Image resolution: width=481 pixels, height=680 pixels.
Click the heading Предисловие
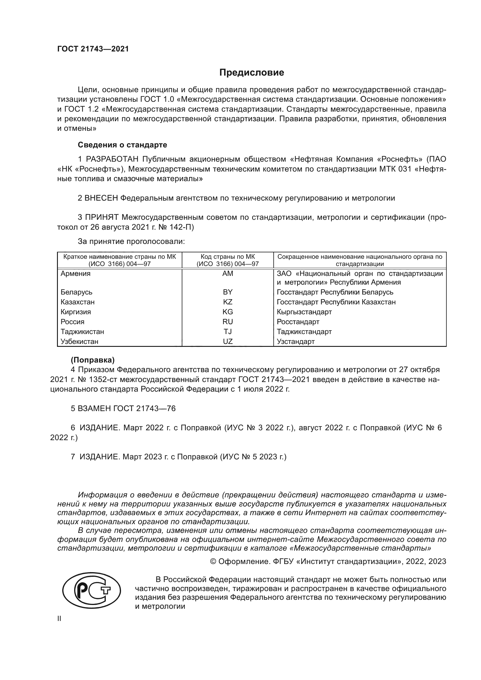(252, 73)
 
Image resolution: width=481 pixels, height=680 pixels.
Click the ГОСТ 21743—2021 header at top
(93, 49)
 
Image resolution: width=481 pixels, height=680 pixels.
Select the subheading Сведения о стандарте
(122, 145)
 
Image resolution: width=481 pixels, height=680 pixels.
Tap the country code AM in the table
(227, 274)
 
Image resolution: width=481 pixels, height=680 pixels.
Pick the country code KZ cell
(227, 302)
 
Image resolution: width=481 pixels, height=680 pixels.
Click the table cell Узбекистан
(79, 342)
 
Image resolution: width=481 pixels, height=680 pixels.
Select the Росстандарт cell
(298, 322)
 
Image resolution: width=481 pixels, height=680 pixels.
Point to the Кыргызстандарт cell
(304, 312)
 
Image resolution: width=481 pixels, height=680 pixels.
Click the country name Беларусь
(76, 292)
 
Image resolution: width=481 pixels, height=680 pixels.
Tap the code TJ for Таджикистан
(227, 332)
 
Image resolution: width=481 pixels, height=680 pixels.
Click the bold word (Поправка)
(92, 360)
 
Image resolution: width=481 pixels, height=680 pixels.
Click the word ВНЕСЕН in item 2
(101, 198)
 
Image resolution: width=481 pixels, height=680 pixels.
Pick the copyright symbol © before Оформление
(213, 561)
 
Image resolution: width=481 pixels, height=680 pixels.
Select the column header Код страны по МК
(227, 257)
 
